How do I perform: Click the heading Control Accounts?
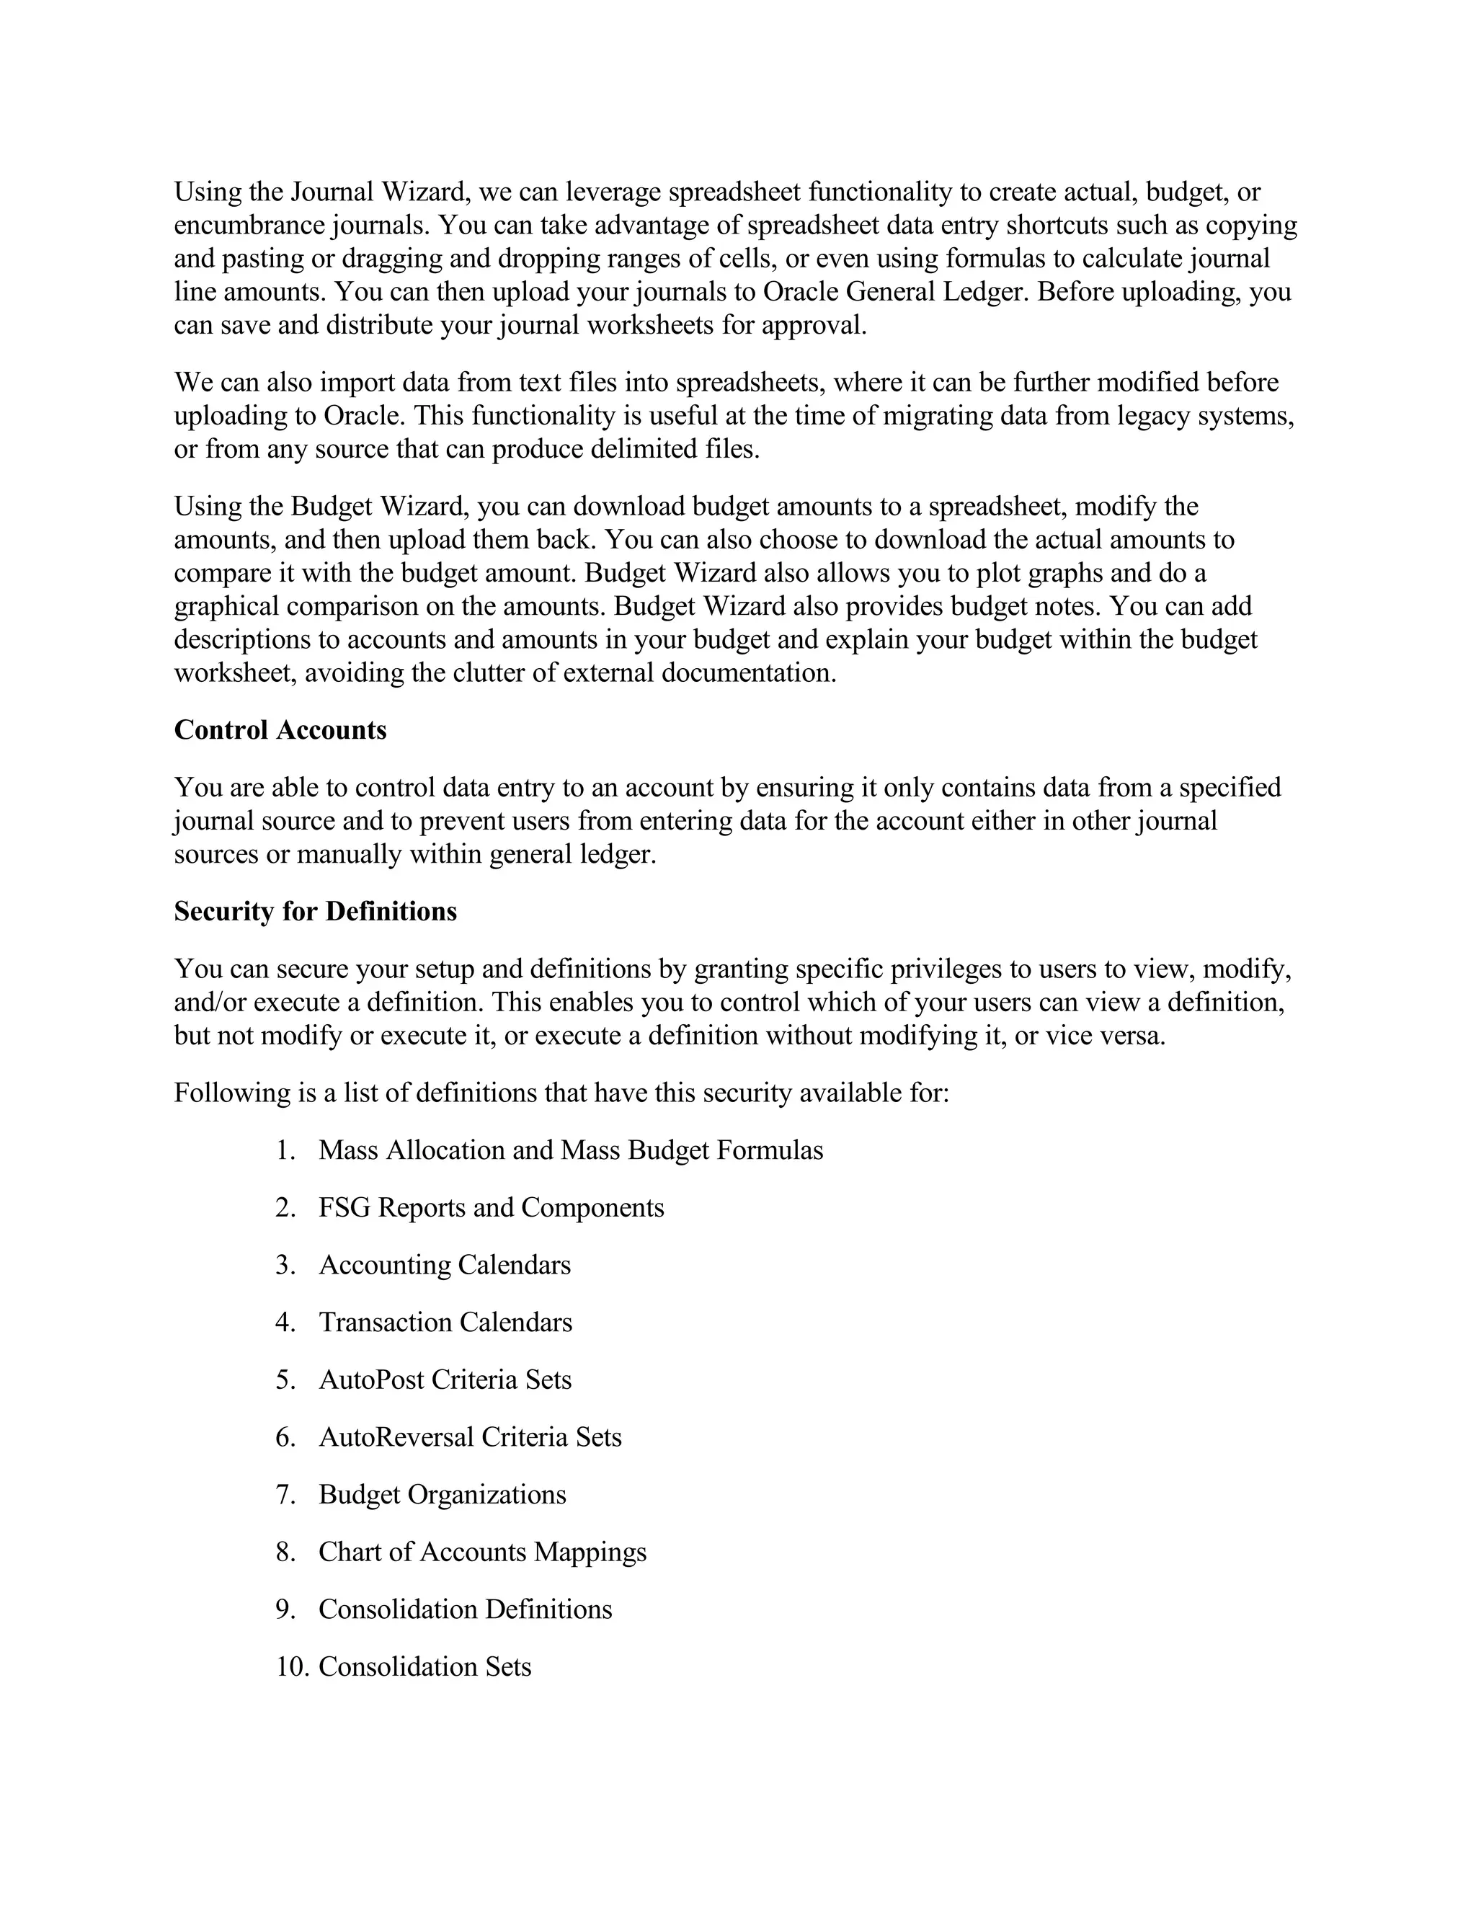pyautogui.click(x=280, y=730)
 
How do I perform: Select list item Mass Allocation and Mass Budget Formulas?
pyautogui.click(x=570, y=1151)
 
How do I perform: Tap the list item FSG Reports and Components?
pyautogui.click(x=491, y=1209)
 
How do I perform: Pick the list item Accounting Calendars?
pyautogui.click(x=444, y=1266)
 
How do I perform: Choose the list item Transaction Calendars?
pyautogui.click(x=445, y=1323)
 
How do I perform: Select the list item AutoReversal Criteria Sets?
pyautogui.click(x=470, y=1438)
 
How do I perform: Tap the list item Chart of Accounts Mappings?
pyautogui.click(x=482, y=1553)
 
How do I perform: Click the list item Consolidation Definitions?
pyautogui.click(x=464, y=1610)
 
